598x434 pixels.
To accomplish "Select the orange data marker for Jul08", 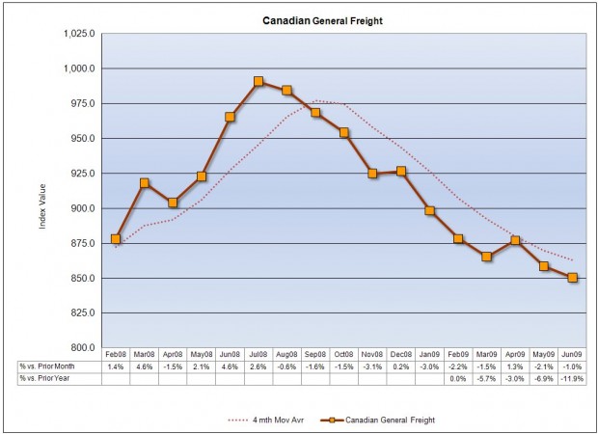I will point(258,82).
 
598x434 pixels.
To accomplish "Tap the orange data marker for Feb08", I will point(116,239).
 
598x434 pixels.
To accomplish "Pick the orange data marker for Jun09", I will point(573,278).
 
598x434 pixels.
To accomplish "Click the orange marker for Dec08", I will point(401,171).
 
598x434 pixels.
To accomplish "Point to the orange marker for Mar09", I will point(487,257).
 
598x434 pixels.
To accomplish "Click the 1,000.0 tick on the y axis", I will point(81,68).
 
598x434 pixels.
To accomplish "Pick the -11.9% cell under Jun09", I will point(573,378).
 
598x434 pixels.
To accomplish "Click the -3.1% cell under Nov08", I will point(372,366).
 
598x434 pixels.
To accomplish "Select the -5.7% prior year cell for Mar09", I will point(487,378).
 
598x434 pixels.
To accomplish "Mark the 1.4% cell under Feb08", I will point(116,366).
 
